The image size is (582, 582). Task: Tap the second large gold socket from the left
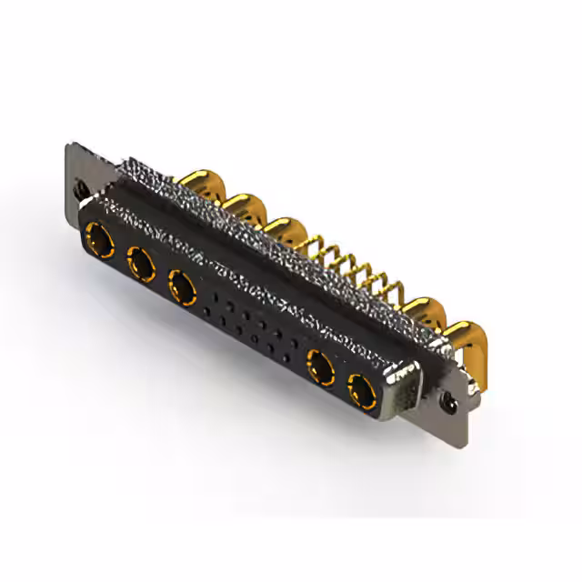(x=140, y=265)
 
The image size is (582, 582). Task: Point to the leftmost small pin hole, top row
(x=215, y=296)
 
